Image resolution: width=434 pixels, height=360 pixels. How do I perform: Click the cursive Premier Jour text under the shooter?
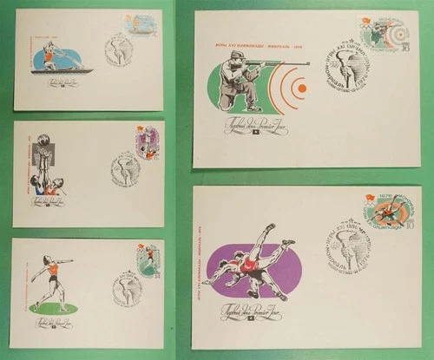(x=246, y=127)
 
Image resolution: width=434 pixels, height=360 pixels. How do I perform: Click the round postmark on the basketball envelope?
(x=126, y=167)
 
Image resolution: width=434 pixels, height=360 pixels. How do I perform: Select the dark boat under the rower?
(x=61, y=71)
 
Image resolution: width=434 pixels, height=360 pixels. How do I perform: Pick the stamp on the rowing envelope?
(x=139, y=27)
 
